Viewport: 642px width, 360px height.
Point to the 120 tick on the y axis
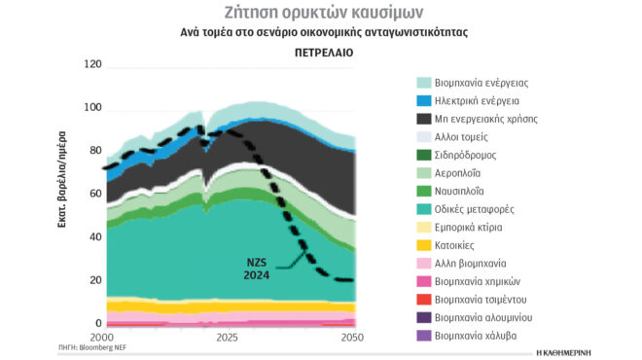(x=92, y=65)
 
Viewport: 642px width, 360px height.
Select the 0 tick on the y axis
(x=97, y=323)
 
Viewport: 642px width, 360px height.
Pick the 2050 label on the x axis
(x=351, y=338)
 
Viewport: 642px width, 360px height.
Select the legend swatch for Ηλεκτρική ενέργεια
(x=424, y=100)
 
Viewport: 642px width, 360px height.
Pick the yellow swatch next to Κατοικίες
(x=424, y=245)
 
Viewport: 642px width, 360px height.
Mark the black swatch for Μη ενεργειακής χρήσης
(x=424, y=119)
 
